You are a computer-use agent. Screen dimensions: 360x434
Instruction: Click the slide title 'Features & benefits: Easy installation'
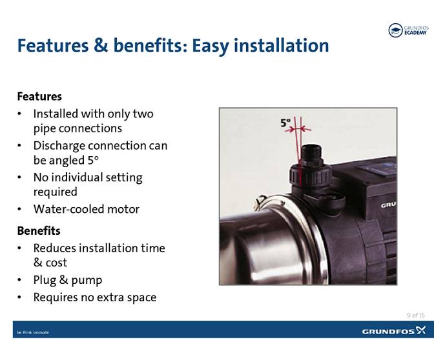tap(173, 46)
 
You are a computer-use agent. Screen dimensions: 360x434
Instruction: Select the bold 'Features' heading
tap(39, 96)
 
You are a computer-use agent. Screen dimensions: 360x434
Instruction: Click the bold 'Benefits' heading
tap(39, 230)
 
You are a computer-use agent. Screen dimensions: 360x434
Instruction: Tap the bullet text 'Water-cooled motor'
tap(86, 208)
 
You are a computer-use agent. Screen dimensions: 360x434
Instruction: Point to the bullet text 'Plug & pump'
tap(68, 280)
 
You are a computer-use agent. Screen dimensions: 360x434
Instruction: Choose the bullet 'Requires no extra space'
tap(94, 297)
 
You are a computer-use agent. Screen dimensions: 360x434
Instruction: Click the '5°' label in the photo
tap(285, 123)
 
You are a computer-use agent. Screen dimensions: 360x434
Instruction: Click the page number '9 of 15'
tap(415, 315)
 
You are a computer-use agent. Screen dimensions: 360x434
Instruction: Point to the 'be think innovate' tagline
tap(33, 332)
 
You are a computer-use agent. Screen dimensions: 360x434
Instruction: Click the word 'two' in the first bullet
tap(143, 114)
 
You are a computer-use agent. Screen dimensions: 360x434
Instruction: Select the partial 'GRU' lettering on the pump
tap(388, 205)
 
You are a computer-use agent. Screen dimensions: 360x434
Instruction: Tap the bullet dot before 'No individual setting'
tap(21, 177)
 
